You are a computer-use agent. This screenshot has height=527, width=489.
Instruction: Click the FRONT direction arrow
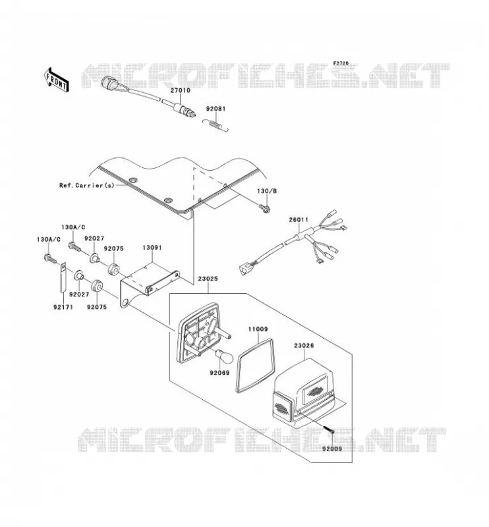click(x=56, y=79)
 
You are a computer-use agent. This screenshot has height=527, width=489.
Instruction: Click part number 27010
click(x=181, y=90)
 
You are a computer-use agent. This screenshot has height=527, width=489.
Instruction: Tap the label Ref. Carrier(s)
click(x=87, y=185)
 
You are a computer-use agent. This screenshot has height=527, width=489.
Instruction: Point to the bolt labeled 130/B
click(x=265, y=209)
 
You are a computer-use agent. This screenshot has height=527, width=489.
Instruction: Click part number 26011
click(x=299, y=220)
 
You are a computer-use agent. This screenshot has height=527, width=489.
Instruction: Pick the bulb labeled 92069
click(x=221, y=354)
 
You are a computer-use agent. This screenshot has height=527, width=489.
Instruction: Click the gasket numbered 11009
click(x=255, y=366)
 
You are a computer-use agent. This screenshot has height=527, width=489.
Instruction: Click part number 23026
click(x=304, y=345)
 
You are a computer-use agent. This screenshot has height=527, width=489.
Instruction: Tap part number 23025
click(x=208, y=279)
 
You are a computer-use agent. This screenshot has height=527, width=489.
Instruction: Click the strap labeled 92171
click(x=63, y=277)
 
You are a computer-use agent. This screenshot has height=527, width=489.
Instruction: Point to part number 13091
click(x=152, y=248)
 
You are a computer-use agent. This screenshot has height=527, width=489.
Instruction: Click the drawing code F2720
click(x=341, y=63)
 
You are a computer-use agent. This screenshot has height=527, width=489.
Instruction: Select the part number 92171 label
click(x=63, y=307)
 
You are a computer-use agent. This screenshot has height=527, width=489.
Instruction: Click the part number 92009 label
click(x=331, y=449)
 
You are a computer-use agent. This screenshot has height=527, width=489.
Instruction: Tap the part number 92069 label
click(x=219, y=373)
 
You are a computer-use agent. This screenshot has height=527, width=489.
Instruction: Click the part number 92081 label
click(x=216, y=109)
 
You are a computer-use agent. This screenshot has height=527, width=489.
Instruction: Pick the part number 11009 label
click(x=258, y=329)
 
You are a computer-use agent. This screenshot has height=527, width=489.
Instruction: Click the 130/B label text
click(x=267, y=191)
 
